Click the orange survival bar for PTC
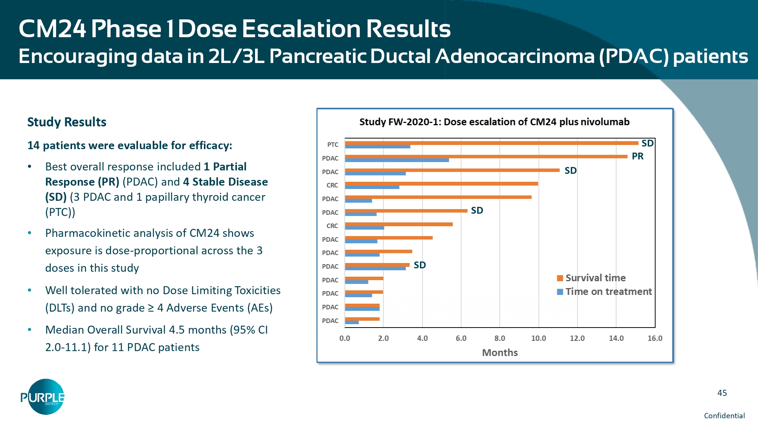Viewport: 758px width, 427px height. (x=491, y=143)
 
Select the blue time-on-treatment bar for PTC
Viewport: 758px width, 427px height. (x=377, y=147)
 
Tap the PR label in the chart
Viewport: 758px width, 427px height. (x=637, y=156)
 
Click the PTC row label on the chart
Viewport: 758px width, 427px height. (x=333, y=145)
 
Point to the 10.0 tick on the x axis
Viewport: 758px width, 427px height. (x=539, y=338)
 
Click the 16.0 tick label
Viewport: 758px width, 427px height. (x=655, y=338)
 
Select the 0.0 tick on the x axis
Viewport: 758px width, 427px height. (x=345, y=338)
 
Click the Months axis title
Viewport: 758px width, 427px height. (x=500, y=353)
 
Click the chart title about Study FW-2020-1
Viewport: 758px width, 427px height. (x=494, y=122)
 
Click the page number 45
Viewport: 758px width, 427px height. (x=722, y=393)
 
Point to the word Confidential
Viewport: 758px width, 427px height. (x=724, y=416)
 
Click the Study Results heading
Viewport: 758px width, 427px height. (x=67, y=122)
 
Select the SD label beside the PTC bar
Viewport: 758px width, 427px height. (x=647, y=143)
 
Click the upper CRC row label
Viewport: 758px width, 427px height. (x=332, y=185)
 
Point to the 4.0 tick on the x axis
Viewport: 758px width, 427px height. (x=422, y=338)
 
